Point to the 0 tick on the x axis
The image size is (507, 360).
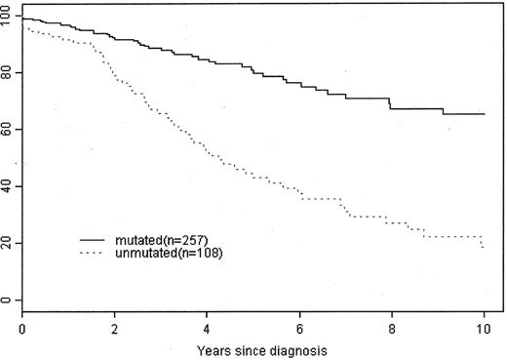click(21, 324)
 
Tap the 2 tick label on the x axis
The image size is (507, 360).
click(114, 324)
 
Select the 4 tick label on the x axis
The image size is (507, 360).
click(207, 324)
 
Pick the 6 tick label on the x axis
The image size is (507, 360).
click(299, 324)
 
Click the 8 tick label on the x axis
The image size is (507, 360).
click(392, 324)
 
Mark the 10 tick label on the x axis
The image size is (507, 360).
click(484, 324)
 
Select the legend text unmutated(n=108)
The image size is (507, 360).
click(164, 253)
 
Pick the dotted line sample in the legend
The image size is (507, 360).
click(96, 253)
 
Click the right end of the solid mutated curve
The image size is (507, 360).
click(485, 114)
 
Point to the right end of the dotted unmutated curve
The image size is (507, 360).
click(485, 248)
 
